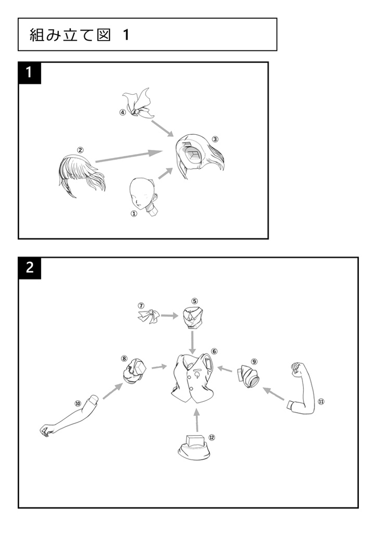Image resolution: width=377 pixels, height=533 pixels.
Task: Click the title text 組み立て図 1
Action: click(x=79, y=35)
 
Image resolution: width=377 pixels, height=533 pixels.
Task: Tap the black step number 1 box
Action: click(x=30, y=73)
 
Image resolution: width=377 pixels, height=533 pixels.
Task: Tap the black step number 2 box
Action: click(x=30, y=268)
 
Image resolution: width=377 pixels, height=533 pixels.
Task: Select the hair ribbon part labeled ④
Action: click(x=137, y=104)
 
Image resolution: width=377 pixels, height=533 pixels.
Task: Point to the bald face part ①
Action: click(x=143, y=196)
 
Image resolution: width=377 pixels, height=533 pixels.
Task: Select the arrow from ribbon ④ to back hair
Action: click(x=162, y=128)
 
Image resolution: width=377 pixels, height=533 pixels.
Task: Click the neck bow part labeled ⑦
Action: click(x=149, y=316)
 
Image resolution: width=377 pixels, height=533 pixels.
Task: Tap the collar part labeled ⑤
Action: click(x=193, y=318)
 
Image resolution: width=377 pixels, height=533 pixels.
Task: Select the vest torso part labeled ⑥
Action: click(x=193, y=378)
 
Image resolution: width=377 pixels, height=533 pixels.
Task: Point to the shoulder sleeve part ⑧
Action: click(x=134, y=371)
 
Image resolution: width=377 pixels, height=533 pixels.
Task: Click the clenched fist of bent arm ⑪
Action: click(x=297, y=370)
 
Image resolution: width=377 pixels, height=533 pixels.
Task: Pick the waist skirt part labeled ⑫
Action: click(x=194, y=448)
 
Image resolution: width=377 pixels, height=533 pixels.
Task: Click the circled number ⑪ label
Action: click(x=321, y=401)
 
